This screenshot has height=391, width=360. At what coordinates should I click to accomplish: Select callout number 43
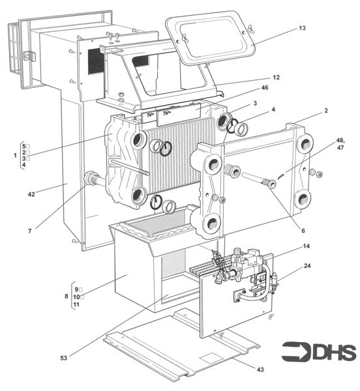(x=260, y=369)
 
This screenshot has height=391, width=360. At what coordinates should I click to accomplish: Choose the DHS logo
(x=320, y=351)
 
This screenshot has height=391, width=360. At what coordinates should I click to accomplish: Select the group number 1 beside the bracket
(x=14, y=155)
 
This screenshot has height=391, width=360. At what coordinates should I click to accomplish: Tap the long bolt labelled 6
(x=258, y=180)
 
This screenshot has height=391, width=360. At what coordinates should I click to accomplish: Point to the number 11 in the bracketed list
(x=76, y=304)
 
